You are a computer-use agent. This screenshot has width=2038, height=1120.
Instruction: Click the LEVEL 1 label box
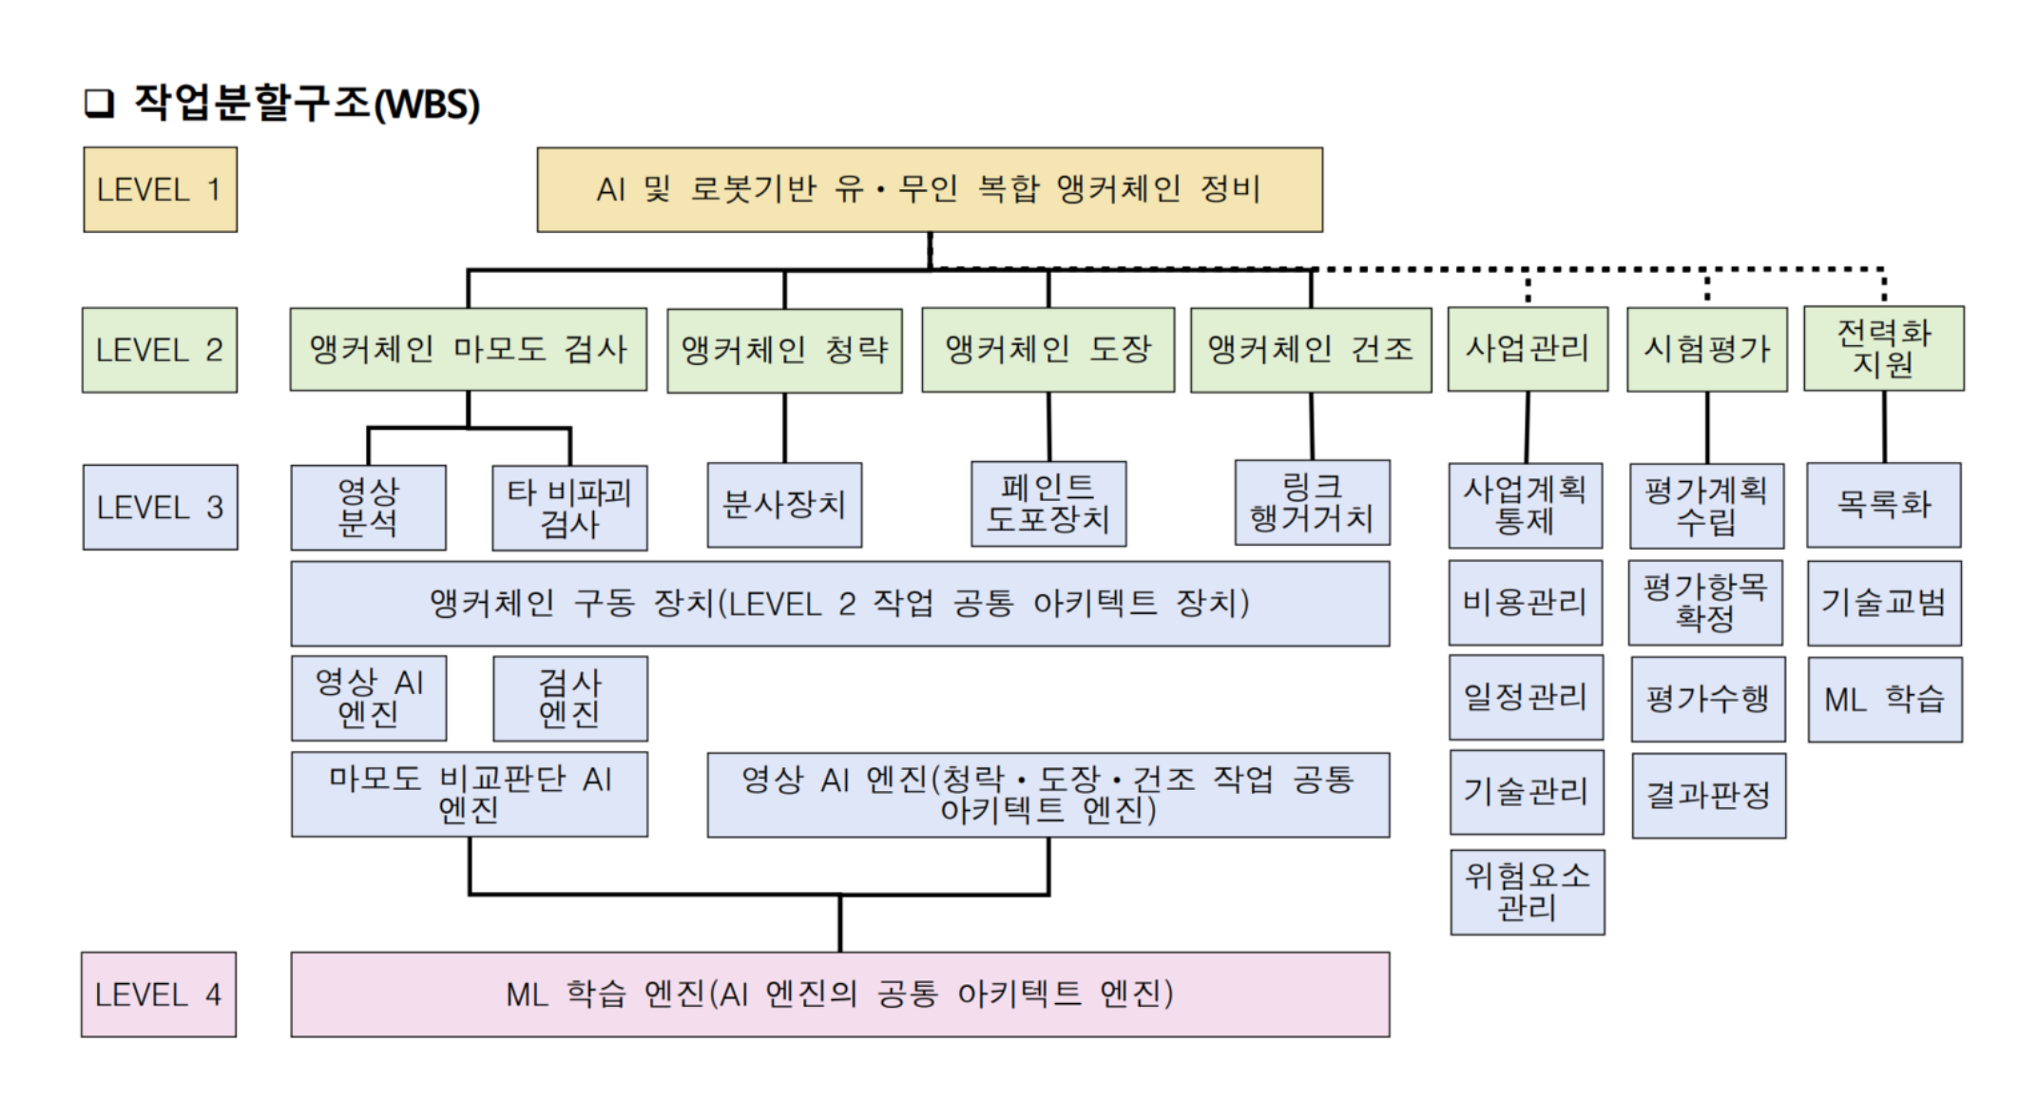[160, 189]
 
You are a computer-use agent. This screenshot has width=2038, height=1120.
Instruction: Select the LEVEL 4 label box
[159, 994]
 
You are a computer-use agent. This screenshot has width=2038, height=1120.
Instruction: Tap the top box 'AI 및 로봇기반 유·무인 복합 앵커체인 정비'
[929, 189]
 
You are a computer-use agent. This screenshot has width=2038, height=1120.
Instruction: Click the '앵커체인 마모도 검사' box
[468, 349]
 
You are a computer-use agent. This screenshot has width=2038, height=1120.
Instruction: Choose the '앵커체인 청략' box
[784, 350]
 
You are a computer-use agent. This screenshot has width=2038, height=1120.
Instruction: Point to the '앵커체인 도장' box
[1048, 349]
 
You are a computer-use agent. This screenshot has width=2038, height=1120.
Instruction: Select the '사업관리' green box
[1528, 349]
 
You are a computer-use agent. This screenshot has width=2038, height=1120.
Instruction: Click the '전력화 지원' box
[1883, 348]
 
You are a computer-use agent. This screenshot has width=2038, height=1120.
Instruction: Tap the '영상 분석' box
[368, 507]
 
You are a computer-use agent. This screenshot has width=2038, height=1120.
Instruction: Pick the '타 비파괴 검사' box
[569, 508]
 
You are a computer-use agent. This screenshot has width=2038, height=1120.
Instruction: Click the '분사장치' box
[784, 505]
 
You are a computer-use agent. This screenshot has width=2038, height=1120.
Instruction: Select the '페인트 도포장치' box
[1048, 504]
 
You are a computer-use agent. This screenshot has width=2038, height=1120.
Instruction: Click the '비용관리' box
[1526, 603]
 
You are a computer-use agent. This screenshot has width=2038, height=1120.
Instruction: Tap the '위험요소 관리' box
[1528, 892]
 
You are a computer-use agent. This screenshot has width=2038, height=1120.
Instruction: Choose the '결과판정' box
[1708, 796]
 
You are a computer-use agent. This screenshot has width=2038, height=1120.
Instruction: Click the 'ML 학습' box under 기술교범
[1884, 700]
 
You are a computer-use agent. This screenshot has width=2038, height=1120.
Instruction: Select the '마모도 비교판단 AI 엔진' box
[470, 795]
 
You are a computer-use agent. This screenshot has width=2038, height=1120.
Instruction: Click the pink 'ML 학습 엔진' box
[839, 994]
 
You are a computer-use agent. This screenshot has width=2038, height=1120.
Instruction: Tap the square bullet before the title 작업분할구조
[99, 103]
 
